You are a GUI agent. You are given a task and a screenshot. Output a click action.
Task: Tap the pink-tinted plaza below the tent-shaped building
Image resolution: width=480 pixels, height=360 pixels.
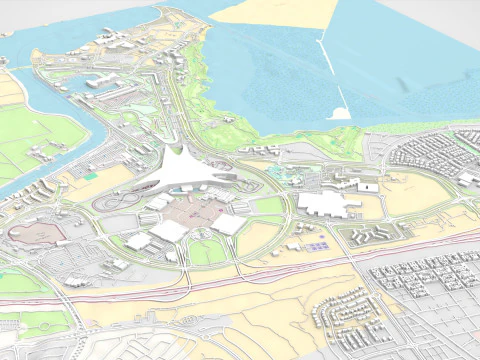tap(199, 210)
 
